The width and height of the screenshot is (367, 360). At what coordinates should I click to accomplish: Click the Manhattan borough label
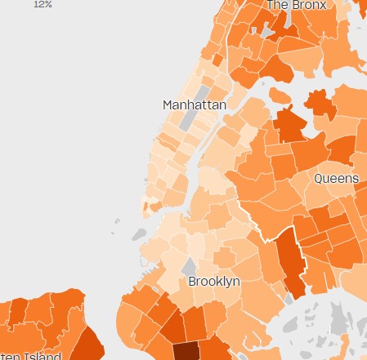pos(194,105)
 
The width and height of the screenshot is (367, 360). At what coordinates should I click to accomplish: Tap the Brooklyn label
pos(214,281)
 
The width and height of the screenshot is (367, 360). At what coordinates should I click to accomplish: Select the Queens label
pos(336,178)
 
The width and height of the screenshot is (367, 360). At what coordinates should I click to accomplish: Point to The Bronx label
pos(296,5)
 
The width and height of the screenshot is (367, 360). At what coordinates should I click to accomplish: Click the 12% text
pos(43,4)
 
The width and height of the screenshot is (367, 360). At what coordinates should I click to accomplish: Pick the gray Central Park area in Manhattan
pos(190,120)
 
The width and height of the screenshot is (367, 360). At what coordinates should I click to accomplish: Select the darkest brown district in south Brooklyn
pos(186,350)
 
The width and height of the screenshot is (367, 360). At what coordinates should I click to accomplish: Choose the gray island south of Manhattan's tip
pos(138,235)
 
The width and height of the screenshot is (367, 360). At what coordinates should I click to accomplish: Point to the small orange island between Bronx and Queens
pos(280,96)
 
